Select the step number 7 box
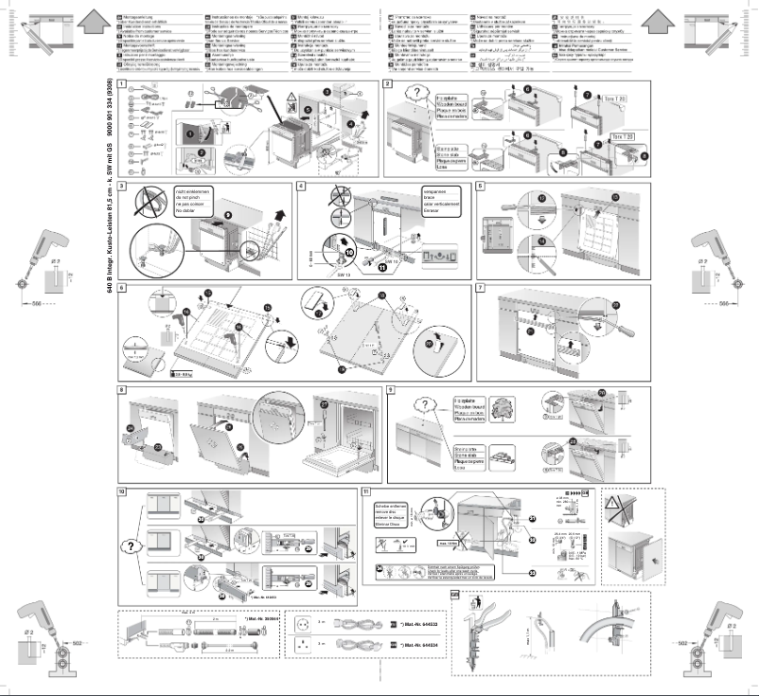(x=481, y=286)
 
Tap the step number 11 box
(x=365, y=491)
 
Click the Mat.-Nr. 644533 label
(x=420, y=627)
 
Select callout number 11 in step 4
(x=357, y=268)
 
